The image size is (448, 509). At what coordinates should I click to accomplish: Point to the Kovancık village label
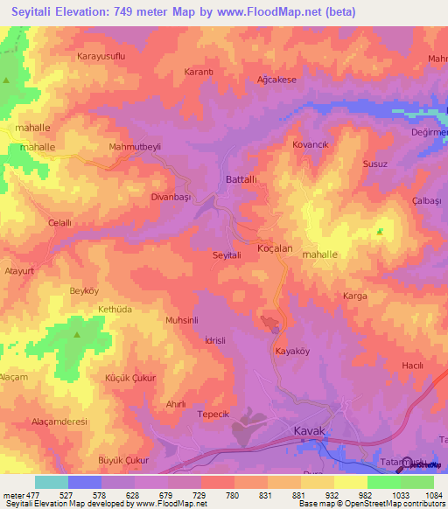310,144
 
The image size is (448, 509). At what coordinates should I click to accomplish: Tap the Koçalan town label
274,249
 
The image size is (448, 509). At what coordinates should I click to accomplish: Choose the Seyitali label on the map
227,254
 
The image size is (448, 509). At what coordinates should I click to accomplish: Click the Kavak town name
308,431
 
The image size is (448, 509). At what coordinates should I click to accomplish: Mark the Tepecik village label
213,414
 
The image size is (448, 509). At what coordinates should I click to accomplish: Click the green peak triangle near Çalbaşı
379,232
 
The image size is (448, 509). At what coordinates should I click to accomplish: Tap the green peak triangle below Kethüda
77,334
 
